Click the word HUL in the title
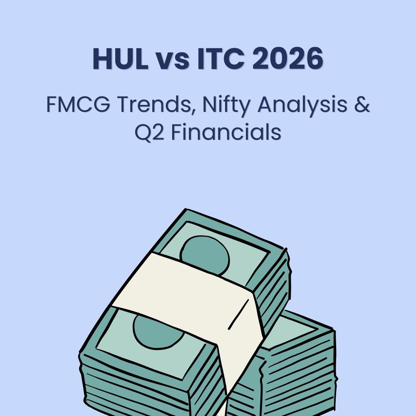120,59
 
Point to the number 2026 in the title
287,59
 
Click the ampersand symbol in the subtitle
363,105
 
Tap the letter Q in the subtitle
143,132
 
